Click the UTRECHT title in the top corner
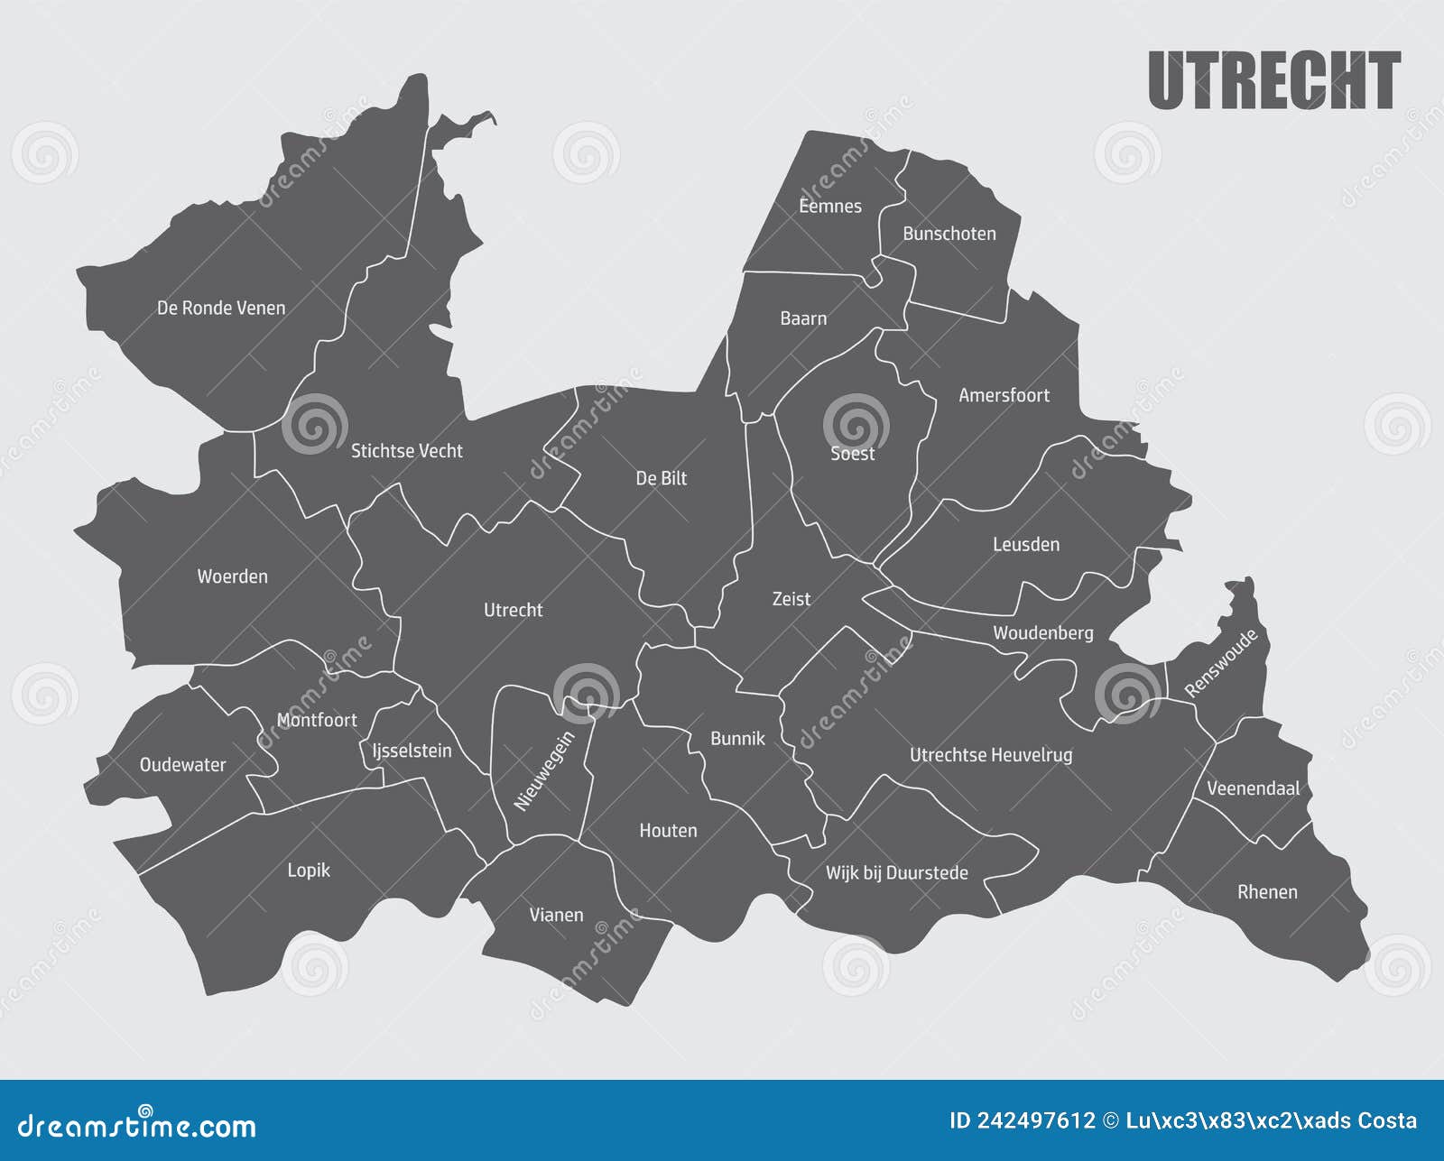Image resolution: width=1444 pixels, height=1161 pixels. coord(1273,80)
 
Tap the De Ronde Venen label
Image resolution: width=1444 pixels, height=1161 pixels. coord(221,308)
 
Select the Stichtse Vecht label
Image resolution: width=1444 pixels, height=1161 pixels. coord(406,450)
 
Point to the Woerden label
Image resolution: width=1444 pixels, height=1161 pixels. coord(232,576)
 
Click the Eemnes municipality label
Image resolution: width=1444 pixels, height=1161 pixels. coord(830,206)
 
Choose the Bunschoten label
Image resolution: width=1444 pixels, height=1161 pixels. coord(949,234)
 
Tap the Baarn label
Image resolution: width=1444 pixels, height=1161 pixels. coord(803,318)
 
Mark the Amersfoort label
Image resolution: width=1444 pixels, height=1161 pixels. coord(1004,395)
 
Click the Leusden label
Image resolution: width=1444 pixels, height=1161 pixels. coord(1026,544)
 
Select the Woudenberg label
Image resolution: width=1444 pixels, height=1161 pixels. coord(1042,632)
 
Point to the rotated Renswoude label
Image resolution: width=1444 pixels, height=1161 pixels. coord(1220,664)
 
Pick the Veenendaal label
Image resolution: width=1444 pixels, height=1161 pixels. coord(1253,788)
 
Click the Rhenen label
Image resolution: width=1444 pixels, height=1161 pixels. coord(1267,891)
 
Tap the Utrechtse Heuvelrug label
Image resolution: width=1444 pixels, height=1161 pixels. coord(991,754)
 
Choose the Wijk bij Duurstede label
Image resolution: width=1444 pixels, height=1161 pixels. coord(896,872)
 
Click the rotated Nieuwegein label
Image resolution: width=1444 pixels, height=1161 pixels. coord(544,771)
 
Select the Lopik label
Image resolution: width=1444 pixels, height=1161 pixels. coord(309,870)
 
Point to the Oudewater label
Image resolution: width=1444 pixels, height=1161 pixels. coord(182,765)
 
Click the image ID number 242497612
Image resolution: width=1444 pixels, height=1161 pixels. coord(1023,1120)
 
